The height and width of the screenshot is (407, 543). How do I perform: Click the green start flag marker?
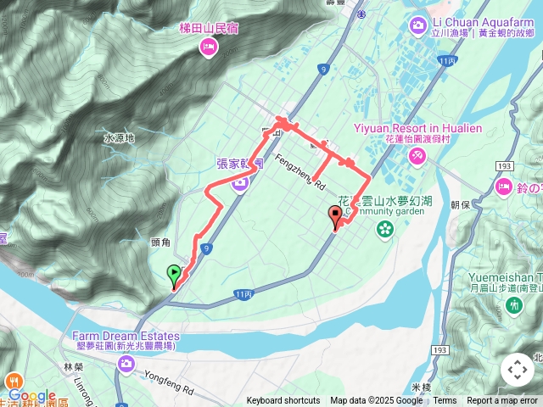(174, 275)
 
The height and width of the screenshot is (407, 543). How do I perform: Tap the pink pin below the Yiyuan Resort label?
(416, 155)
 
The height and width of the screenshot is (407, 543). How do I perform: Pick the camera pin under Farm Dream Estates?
(126, 364)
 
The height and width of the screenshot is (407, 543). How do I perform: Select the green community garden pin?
(386, 229)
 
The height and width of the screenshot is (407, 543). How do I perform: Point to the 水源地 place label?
(118, 137)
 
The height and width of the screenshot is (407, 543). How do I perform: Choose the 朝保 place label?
(461, 204)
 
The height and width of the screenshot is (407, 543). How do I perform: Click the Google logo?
(32, 395)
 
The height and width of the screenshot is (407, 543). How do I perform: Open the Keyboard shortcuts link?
(283, 401)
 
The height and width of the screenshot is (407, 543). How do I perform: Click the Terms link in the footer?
(445, 401)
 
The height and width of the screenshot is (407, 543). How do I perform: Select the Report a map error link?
(503, 401)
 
